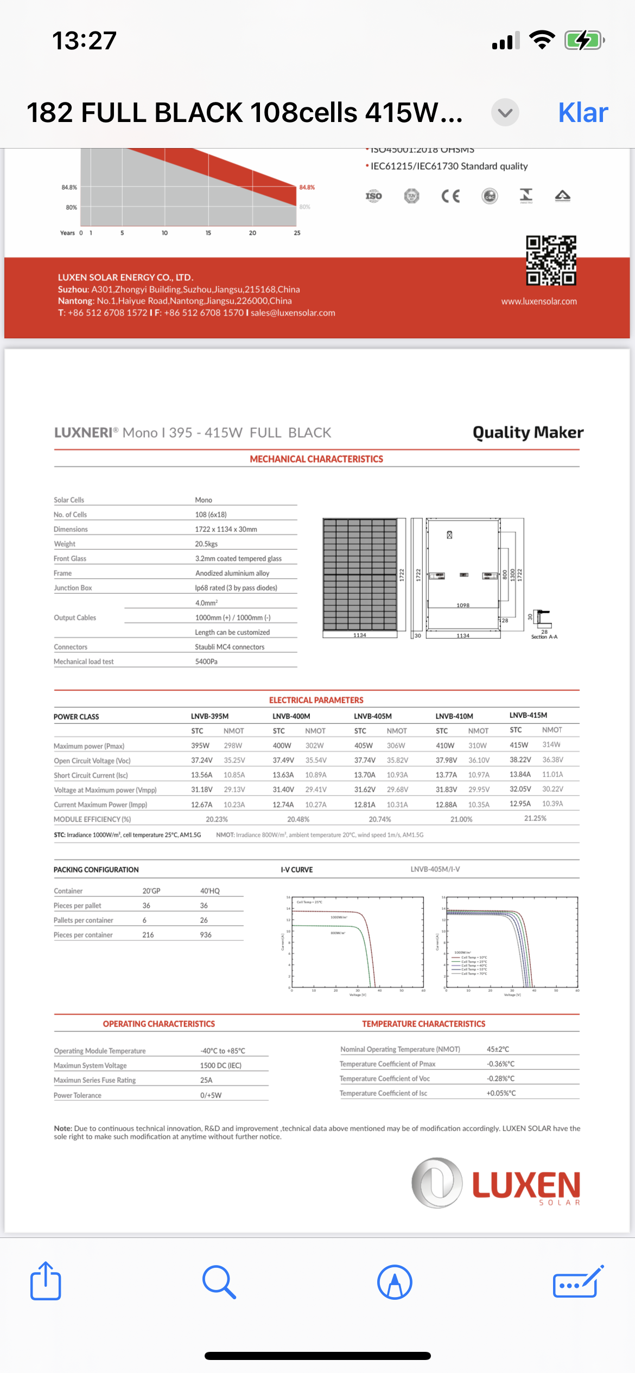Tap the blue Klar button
coord(583,113)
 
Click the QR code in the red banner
coord(551,260)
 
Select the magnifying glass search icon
coord(219,1282)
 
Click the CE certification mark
coord(450,196)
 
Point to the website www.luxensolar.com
coord(539,301)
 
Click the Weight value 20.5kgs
coord(206,544)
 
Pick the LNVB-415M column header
coord(528,715)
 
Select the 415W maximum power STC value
coord(519,745)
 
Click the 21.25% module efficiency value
coord(535,818)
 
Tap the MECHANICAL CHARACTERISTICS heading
coord(316,459)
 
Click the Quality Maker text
coord(528,432)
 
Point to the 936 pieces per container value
coord(206,935)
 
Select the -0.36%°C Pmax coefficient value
coord(500,1064)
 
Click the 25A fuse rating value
coord(206,1080)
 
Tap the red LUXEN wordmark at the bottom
coord(526,1185)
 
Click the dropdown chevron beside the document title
coord(505,113)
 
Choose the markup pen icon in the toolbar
coord(395,1282)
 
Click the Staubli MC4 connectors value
coord(230,647)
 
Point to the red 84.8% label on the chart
coord(307,188)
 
